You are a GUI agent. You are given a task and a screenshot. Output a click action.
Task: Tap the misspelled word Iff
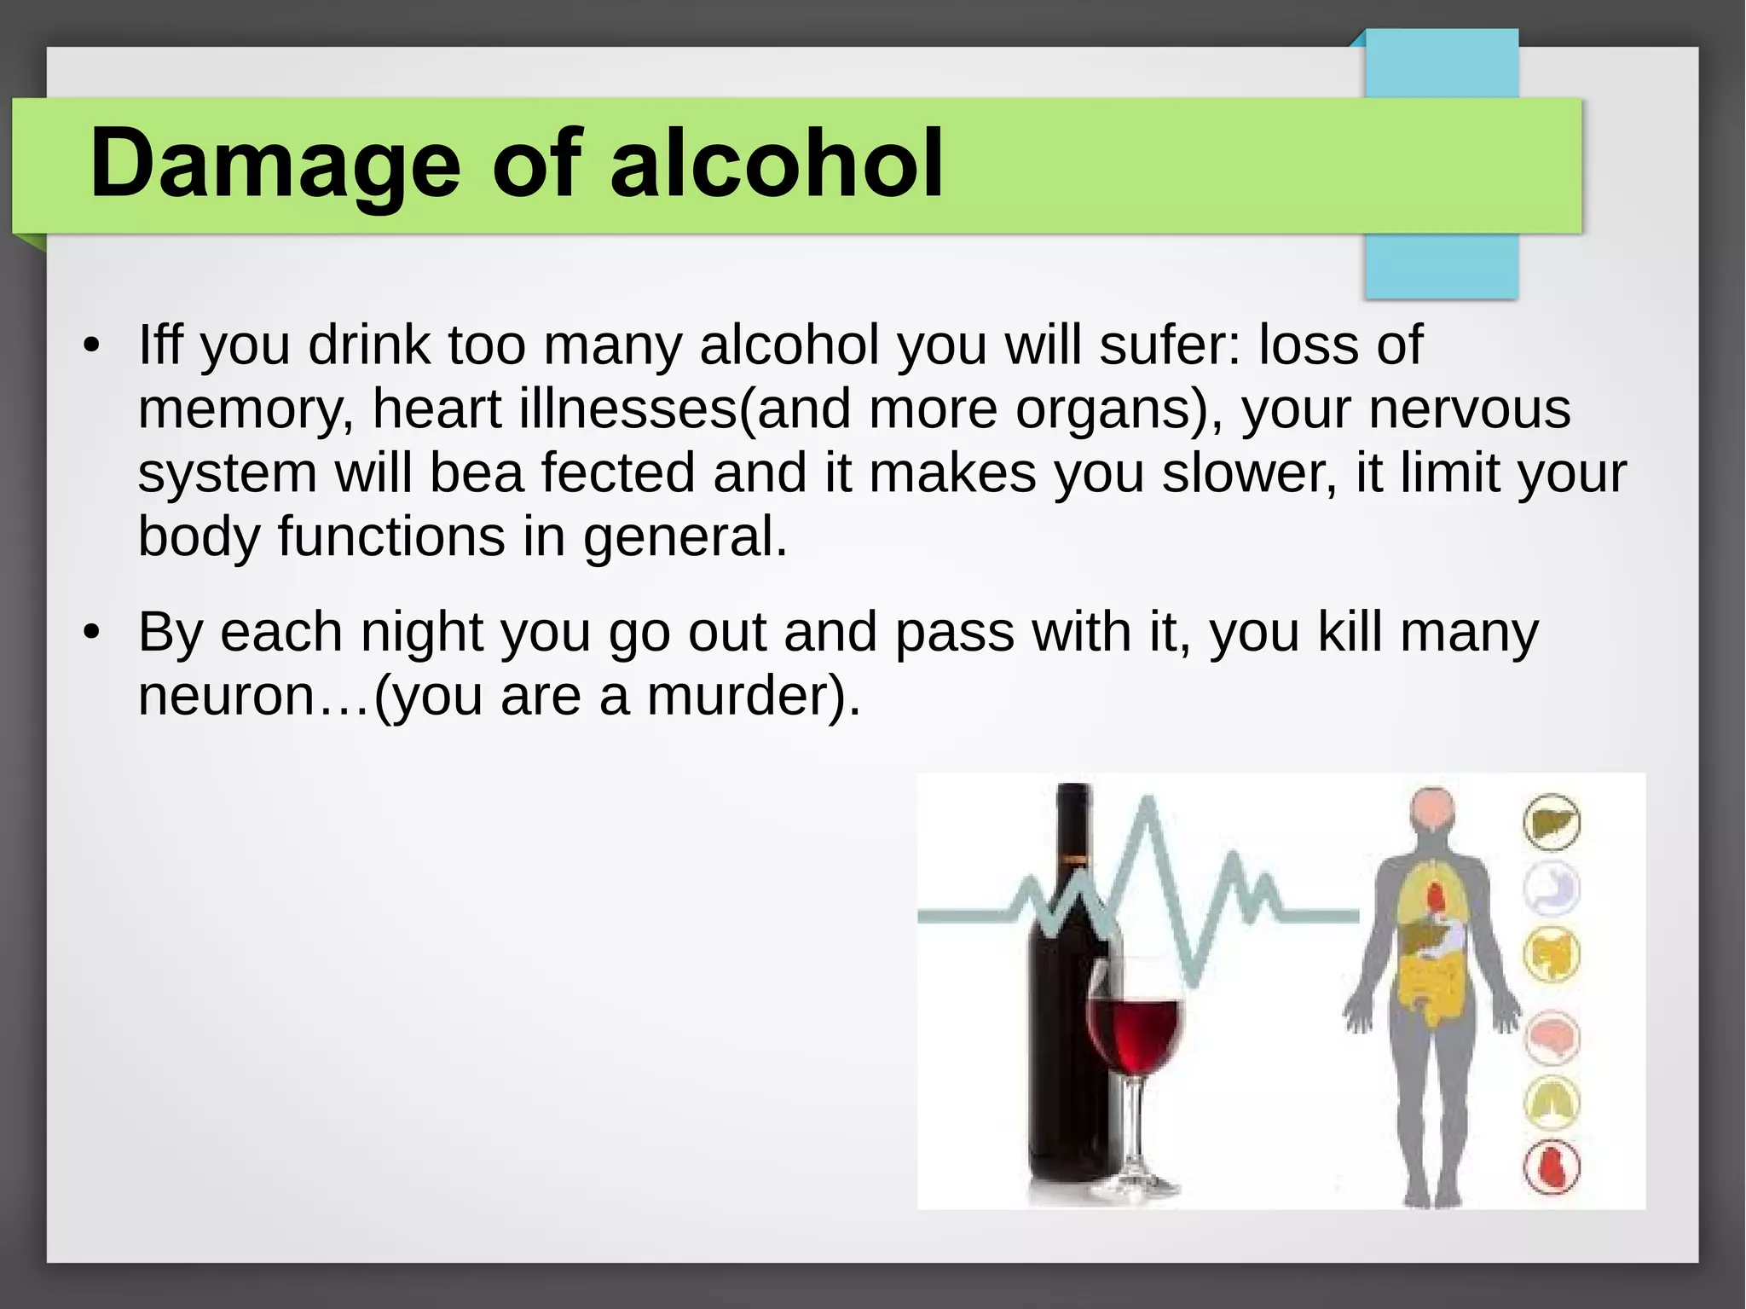pos(160,345)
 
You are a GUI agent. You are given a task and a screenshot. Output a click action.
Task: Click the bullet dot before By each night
pos(92,633)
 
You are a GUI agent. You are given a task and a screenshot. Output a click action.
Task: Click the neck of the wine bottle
pos(1073,827)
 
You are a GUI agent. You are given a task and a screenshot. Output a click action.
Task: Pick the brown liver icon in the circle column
pos(1551,823)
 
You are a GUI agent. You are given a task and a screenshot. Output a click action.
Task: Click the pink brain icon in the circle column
pos(1551,1038)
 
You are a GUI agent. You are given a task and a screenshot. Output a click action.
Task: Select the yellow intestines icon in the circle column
pos(1551,954)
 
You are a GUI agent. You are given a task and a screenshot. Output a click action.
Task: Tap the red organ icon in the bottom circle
pos(1551,1167)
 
